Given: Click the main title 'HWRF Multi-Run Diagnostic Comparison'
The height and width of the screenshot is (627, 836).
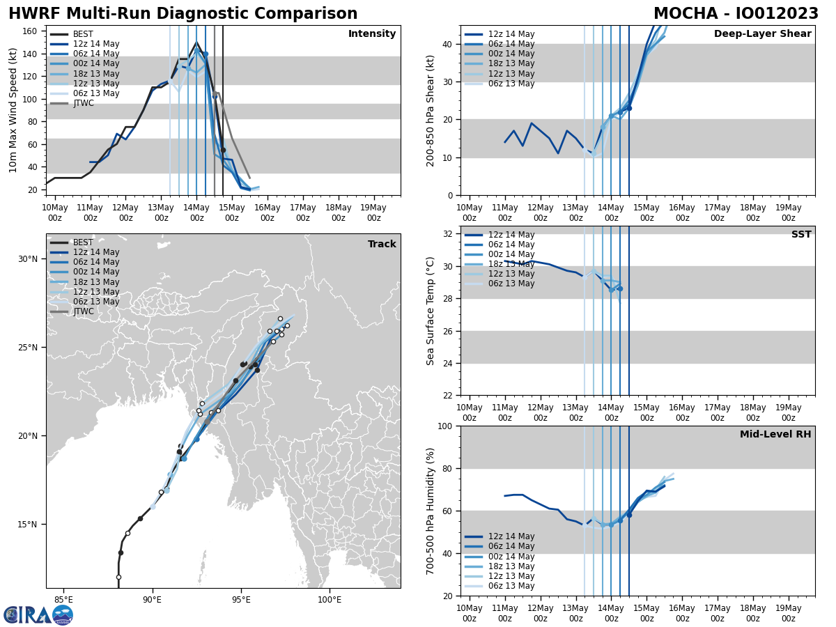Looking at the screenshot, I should tap(183, 14).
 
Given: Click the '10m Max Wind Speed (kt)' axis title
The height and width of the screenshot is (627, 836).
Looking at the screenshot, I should tap(14, 110).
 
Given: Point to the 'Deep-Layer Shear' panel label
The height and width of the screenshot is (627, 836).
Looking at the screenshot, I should tap(762, 34).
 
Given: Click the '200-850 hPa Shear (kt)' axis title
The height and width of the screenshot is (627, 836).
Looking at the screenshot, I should tap(432, 110).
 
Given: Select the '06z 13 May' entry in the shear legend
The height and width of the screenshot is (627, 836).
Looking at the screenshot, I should tap(511, 84).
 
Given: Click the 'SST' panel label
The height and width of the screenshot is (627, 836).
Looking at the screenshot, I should tap(800, 235).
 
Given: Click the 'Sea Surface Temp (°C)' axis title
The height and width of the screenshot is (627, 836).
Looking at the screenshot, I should tap(431, 311).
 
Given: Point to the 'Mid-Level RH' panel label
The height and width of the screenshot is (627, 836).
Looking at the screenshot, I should tap(775, 435).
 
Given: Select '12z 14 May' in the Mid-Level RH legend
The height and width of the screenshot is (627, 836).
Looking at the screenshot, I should tap(511, 536).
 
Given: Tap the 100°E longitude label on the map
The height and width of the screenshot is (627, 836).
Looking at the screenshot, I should tap(329, 600).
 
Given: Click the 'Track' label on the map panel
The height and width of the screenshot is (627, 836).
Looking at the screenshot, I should tap(382, 245).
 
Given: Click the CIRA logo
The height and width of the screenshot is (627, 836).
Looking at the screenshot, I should tap(38, 614).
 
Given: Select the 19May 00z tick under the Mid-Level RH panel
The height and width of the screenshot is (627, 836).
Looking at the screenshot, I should tap(788, 613).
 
